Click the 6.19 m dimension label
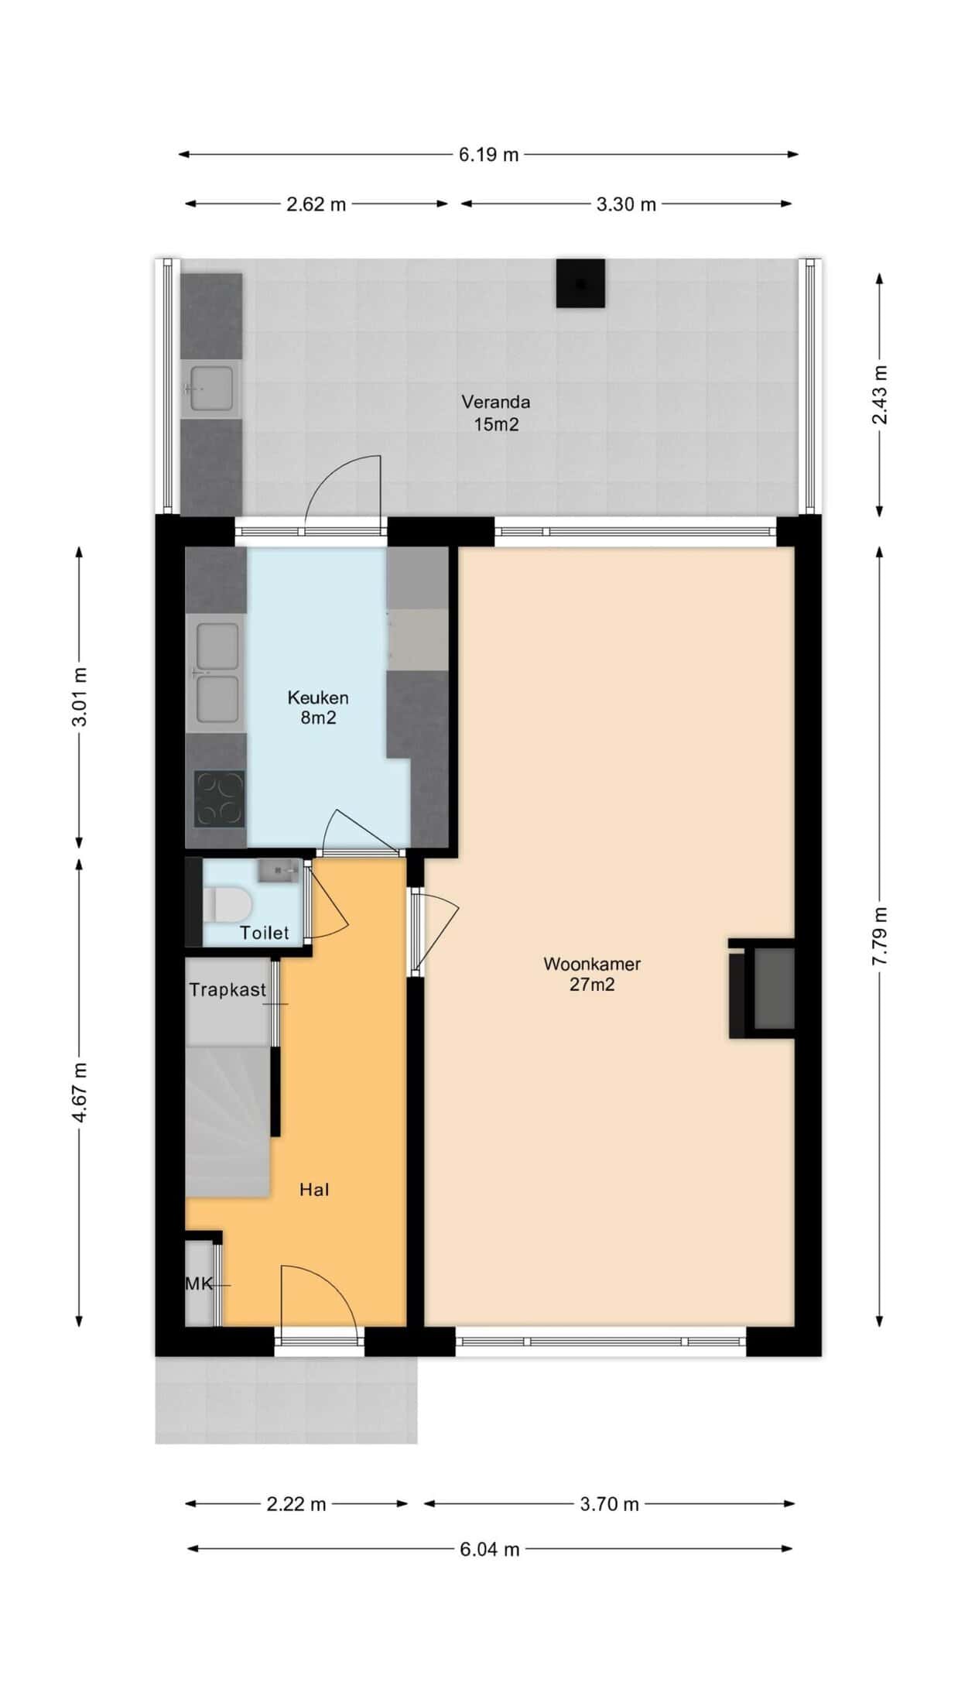[x=488, y=155]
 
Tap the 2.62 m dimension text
[x=316, y=204]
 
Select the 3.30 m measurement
[x=626, y=204]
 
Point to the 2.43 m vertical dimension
[x=880, y=395]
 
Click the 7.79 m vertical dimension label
[x=880, y=936]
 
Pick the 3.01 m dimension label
[x=79, y=697]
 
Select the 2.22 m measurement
[x=296, y=1504]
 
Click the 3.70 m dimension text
[x=610, y=1504]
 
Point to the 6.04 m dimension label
[x=489, y=1549]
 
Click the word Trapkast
[x=228, y=989]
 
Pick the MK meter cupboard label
[x=199, y=1284]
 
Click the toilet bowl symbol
[x=227, y=904]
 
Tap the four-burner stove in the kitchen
[x=219, y=799]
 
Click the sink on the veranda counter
[x=211, y=389]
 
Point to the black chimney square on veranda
[x=580, y=283]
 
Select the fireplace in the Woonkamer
[x=762, y=989]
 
